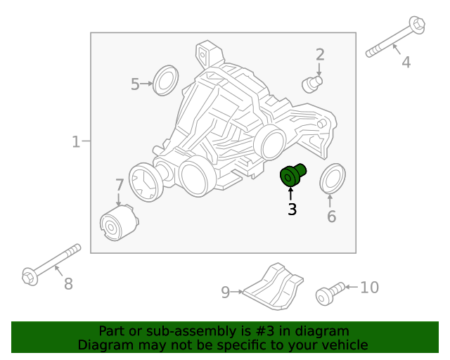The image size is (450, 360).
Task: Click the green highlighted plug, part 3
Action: pos(291,176)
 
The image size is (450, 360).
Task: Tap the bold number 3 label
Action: pos(292,209)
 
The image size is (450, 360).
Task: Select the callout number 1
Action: pos(76,142)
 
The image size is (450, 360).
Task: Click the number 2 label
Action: pos(320,55)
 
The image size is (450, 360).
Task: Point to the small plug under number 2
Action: pos(311,84)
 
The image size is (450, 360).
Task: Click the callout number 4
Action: pos(406,63)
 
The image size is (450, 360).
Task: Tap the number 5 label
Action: pos(135,84)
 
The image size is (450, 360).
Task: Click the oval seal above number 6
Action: pos(332,178)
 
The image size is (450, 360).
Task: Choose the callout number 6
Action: pos(331,216)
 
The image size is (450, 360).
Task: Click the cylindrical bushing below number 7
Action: pos(117,223)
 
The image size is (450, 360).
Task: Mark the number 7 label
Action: pos(120,186)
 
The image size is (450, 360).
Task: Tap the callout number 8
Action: pos(68,284)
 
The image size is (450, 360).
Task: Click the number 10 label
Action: pos(369,288)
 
